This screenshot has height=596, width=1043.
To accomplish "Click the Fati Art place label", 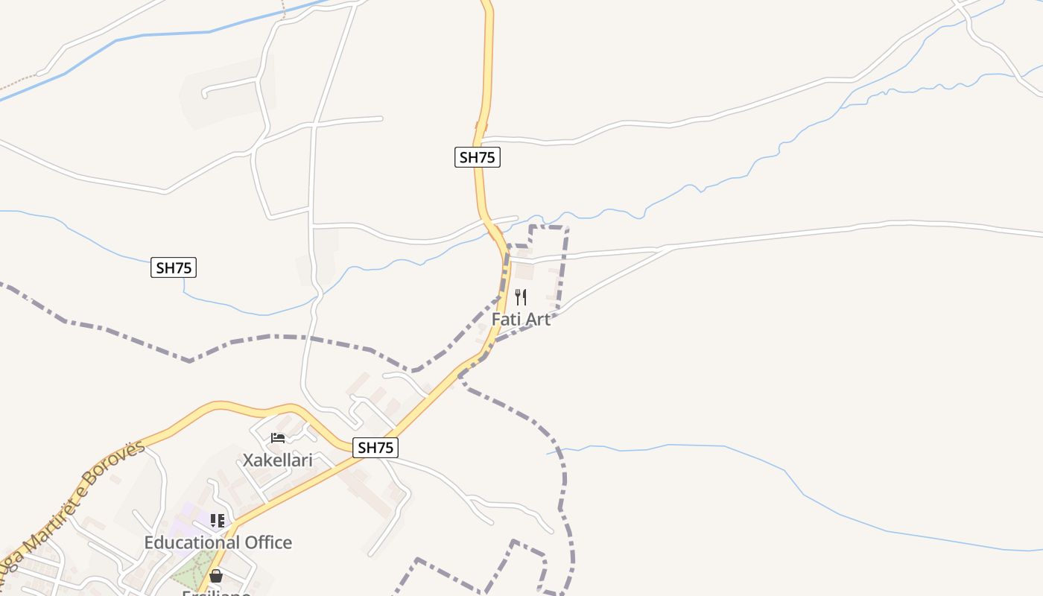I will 521,320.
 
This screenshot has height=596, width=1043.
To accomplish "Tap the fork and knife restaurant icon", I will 521,297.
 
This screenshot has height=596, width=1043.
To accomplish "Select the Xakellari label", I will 277,460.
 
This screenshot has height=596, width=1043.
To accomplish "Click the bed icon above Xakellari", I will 278,438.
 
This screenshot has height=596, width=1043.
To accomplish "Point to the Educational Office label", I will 218,542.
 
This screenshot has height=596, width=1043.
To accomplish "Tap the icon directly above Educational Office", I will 218,521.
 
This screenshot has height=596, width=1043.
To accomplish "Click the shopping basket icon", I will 216,576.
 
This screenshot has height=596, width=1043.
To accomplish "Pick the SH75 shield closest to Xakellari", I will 375,448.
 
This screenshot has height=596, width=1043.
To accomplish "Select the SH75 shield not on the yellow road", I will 174,268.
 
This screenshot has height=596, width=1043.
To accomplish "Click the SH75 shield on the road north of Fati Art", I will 478,157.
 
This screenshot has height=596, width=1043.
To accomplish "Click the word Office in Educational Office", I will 261,542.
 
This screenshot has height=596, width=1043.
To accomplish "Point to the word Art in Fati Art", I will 537,320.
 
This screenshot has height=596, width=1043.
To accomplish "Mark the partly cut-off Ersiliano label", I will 216,592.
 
